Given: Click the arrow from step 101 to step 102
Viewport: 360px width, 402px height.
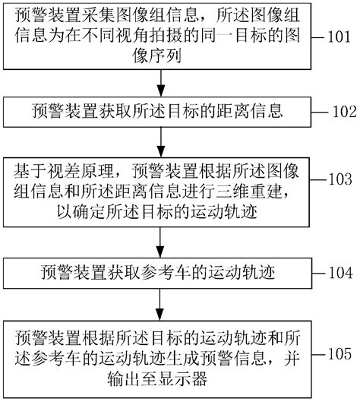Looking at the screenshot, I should tap(159, 84).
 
